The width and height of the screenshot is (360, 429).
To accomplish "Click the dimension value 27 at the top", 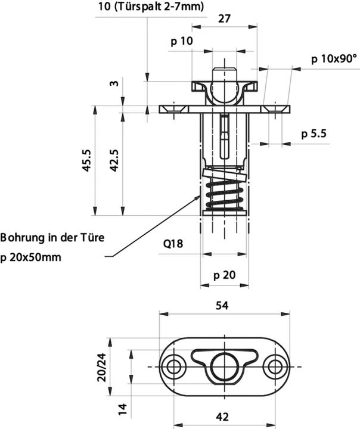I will pos(225,18).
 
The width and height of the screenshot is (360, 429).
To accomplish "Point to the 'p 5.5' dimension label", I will pos(314,134).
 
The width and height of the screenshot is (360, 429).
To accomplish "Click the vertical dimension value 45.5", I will pos(87,161).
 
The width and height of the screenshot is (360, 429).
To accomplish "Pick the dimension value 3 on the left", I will pos(114,83).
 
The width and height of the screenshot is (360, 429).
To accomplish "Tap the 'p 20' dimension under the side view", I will pos(225,275).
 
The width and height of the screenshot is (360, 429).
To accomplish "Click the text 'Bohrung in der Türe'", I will pos(52,238).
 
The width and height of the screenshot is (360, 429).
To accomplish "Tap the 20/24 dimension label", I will pos(102,365).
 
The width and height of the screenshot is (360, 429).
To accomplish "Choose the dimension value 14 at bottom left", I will pos(122,409).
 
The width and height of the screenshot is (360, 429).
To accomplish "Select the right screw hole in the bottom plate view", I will pos(275,365).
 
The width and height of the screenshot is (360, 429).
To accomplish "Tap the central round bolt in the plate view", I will pos(224,363).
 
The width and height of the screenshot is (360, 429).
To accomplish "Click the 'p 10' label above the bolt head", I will pos(182,41).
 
